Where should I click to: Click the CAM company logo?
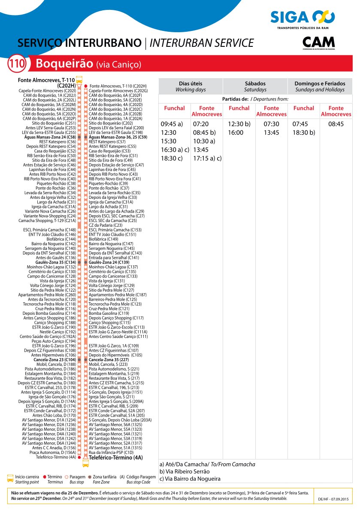(318, 43)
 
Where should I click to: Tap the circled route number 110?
(17, 64)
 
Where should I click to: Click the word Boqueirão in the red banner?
(64, 64)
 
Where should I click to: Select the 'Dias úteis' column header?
(191, 86)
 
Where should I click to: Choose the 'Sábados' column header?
(255, 86)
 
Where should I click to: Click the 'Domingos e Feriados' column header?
(320, 86)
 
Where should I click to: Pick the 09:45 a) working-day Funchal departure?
(172, 124)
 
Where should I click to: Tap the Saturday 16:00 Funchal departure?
(236, 133)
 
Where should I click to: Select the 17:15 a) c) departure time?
(207, 158)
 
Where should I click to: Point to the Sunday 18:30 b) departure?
(304, 133)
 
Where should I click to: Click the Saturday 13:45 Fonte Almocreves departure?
(272, 133)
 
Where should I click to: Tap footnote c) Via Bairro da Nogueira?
(190, 479)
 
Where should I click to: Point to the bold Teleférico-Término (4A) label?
(115, 458)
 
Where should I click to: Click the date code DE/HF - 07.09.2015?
(333, 500)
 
